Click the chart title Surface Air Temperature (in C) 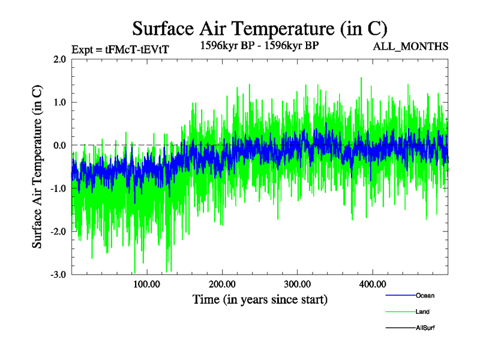[260, 28]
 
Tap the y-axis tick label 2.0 [59, 59]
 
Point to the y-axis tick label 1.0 [59, 103]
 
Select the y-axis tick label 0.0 [59, 145]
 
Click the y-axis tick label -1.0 [58, 188]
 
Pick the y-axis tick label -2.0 [58, 232]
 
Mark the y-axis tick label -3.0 [58, 274]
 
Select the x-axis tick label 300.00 [298, 283]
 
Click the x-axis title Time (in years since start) [260, 299]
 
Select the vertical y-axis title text [37, 167]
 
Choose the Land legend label [422, 312]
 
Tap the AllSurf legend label [425, 328]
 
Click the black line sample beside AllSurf [399, 328]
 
